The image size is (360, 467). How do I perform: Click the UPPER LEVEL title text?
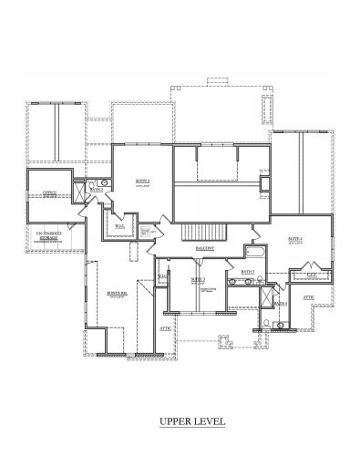179,420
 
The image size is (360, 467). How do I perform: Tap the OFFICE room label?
50,192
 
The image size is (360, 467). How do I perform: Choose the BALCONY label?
205,247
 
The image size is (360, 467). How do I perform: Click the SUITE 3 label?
198,279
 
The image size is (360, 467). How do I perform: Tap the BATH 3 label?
247,271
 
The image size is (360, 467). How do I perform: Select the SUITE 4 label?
295,239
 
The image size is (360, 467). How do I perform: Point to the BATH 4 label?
281,303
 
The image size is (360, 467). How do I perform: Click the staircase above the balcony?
199,229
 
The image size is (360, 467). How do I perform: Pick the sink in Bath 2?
105,182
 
